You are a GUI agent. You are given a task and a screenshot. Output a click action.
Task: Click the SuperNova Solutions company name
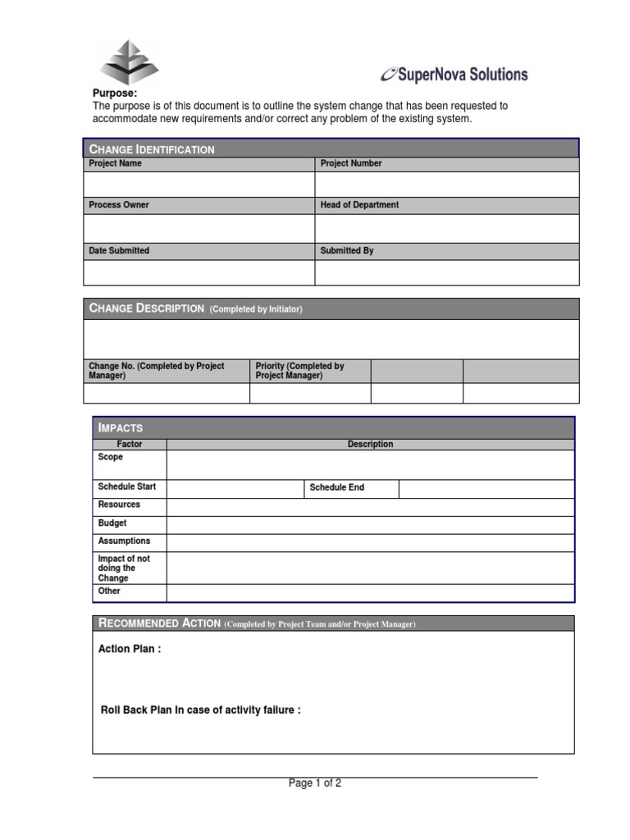pos(455,75)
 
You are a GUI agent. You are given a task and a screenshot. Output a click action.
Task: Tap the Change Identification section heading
pos(153,149)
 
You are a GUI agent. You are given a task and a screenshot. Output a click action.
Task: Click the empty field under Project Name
pos(199,185)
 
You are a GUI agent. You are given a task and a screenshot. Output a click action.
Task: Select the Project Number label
pos(351,164)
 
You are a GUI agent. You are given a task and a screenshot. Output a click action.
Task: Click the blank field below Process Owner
pos(199,228)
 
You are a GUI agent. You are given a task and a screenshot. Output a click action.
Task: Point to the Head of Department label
pos(359,205)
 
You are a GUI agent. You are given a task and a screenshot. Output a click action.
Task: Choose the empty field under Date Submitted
pos(199,272)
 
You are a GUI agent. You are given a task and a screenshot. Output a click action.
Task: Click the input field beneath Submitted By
pos(447,272)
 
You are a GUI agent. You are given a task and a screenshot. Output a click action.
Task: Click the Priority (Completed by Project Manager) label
pos(299,371)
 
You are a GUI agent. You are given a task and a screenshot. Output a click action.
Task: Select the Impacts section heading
pos(121,427)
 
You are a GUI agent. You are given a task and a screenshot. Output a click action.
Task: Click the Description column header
pos(370,445)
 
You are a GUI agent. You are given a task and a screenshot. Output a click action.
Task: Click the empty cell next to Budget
pos(370,524)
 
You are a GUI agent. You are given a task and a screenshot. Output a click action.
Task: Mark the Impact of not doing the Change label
pos(124,568)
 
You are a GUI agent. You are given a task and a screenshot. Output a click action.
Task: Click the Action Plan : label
pos(130,649)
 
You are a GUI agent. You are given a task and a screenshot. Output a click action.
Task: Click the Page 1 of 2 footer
pos(315,783)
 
